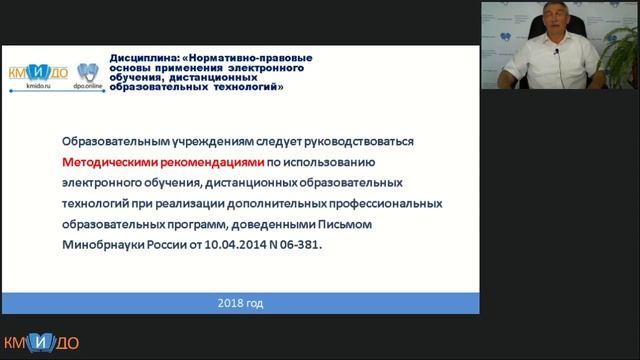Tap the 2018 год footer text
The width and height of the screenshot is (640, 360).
pos(241,302)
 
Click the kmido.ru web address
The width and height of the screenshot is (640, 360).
pos(32,89)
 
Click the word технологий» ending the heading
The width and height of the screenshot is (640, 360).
pos(244,87)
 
